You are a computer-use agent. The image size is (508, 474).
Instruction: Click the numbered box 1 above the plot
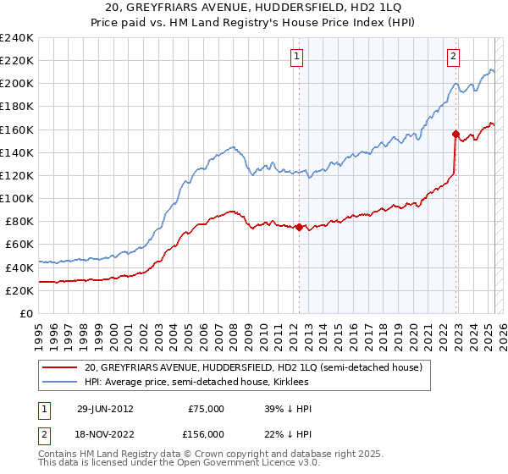[298, 57]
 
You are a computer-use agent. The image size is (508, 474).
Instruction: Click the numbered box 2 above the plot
[454, 57]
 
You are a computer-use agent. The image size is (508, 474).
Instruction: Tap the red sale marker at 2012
[299, 227]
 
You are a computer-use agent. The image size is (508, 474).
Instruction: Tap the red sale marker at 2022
[456, 134]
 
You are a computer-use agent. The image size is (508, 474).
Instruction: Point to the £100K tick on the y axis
[16, 198]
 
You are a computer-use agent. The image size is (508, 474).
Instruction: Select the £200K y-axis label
[16, 84]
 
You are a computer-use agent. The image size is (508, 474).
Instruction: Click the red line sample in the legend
[61, 367]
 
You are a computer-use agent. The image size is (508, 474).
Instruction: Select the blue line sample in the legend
[61, 383]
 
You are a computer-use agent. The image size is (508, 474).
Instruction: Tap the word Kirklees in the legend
[408, 383]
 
